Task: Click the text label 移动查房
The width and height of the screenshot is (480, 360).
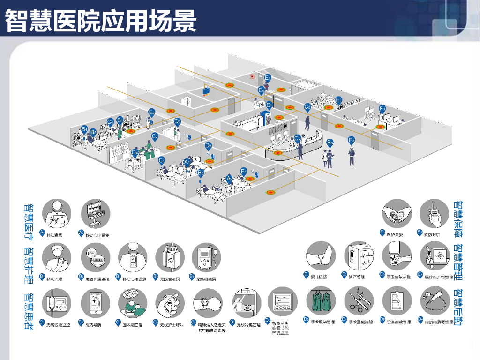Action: tap(55, 234)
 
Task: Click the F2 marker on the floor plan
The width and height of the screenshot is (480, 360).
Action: tap(352, 140)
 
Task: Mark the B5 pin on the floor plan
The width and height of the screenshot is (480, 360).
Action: tap(201, 172)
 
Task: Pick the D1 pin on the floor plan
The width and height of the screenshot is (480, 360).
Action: tap(269, 105)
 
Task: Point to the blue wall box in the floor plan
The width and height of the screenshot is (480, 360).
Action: tap(206, 91)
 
